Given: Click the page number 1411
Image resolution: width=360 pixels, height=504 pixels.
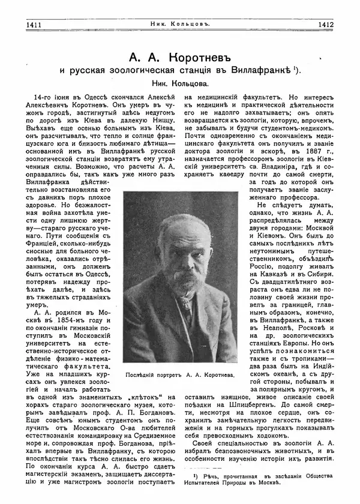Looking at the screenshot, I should (29, 25).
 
